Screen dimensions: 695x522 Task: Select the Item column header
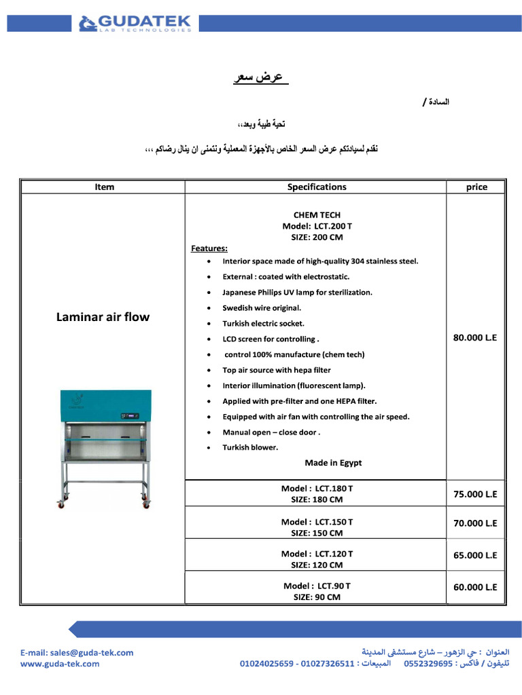tap(104, 187)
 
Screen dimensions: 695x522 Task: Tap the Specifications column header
tap(316, 187)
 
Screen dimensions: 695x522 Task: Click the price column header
tap(476, 187)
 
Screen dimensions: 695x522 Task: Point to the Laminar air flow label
tap(103, 317)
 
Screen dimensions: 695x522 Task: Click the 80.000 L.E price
tap(475, 337)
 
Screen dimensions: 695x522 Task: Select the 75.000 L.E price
tap(475, 494)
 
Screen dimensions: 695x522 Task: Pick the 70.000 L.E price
tap(475, 523)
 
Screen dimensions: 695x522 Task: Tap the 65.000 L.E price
tap(475, 555)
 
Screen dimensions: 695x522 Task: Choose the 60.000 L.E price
tap(475, 587)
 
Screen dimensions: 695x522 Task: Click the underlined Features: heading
tap(209, 248)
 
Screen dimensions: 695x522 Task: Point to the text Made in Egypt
tap(333, 463)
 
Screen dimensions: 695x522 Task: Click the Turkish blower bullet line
tap(250, 447)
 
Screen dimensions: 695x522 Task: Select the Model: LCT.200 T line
tap(317, 226)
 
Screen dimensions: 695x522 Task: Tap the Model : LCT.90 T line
tap(317, 586)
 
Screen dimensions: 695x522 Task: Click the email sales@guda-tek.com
tap(76, 652)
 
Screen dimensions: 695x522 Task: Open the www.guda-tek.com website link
tap(60, 664)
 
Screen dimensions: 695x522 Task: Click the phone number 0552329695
tap(428, 664)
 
